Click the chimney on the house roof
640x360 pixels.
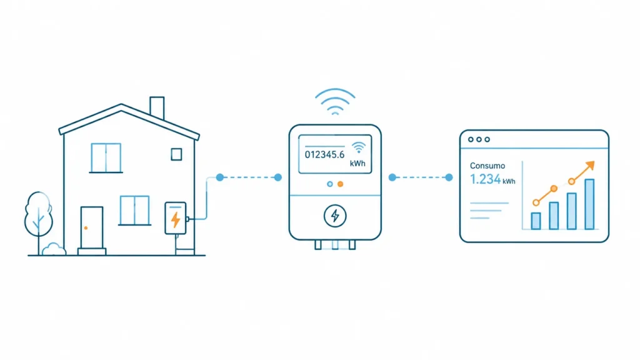coord(157,107)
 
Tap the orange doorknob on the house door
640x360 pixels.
coord(86,227)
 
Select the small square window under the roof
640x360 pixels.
coord(176,154)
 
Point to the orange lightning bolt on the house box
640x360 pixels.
coord(176,219)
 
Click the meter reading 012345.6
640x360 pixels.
coord(324,155)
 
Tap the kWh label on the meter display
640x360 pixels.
coord(357,164)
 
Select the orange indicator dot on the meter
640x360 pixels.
coord(341,184)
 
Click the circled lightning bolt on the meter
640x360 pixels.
coord(335,216)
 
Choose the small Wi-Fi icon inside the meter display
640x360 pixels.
coord(358,147)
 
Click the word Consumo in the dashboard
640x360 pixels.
coord(487,166)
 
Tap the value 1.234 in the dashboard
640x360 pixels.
coord(485,179)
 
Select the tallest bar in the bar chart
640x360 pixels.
coord(589,204)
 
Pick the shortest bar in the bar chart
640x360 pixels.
coord(536,221)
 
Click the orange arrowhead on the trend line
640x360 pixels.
coord(590,166)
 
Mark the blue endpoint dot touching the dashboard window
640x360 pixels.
coord(449,177)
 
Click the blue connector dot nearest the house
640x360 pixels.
coord(220,177)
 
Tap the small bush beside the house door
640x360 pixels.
coord(54,249)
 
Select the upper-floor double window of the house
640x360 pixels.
coord(106,157)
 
